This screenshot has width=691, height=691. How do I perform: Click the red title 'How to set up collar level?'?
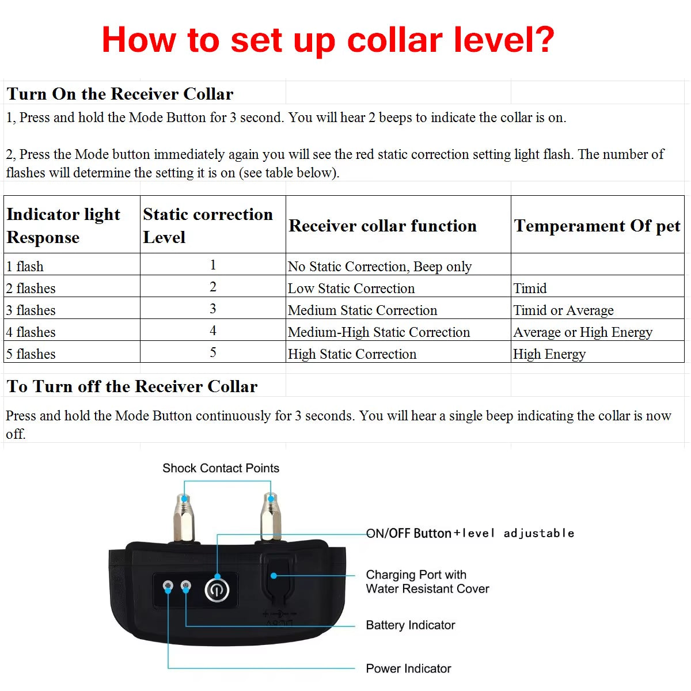pos(328,40)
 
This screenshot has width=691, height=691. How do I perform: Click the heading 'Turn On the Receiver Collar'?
pos(120,94)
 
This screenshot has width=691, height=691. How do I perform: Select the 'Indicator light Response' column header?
pos(63,225)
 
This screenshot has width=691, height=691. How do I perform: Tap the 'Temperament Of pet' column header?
pos(597,226)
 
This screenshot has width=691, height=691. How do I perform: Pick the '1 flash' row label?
pos(25,267)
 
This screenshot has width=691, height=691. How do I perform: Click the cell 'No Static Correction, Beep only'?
pos(379,267)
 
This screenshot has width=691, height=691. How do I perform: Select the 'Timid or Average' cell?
pos(563,310)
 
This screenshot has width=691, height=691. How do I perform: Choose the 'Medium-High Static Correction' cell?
pos(379,332)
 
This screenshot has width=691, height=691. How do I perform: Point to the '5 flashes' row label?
pos(31,354)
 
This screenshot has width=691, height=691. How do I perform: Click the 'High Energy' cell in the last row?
pos(549,354)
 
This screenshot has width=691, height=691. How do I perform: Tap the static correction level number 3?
pos(213,309)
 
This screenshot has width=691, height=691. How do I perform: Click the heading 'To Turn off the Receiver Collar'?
pos(132,386)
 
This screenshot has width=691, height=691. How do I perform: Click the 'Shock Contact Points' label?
pos(221,468)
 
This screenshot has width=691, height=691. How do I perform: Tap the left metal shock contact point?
pos(184,518)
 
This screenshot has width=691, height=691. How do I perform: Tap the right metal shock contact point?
pos(268,518)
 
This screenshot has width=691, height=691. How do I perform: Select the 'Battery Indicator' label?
pos(410,625)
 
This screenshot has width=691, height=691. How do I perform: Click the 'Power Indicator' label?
pos(408,669)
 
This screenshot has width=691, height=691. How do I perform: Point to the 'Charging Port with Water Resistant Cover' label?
pos(427,582)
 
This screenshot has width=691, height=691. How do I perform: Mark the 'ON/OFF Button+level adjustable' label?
pos(470,533)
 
